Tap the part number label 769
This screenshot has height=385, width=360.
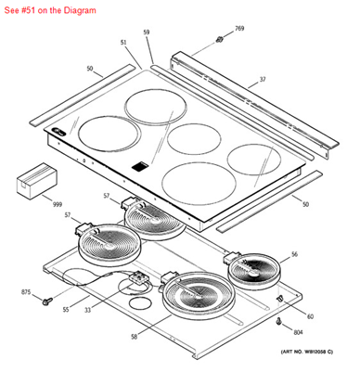click(238, 30)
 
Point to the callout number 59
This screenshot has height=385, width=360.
click(146, 33)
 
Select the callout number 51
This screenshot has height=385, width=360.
click(123, 44)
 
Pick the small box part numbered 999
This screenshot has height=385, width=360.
click(35, 178)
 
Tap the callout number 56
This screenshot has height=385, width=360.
click(293, 253)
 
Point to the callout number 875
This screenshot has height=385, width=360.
click(26, 292)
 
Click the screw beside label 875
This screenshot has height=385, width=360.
click(45, 300)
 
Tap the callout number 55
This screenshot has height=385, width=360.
click(66, 309)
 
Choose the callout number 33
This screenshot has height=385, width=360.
click(88, 310)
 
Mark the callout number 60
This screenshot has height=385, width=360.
click(310, 316)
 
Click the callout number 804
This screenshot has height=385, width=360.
click(298, 332)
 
